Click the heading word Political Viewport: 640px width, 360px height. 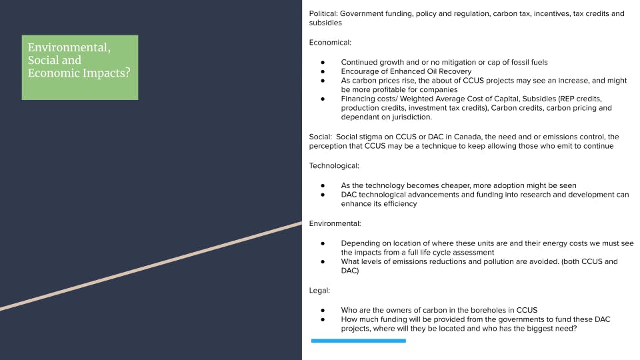(323, 13)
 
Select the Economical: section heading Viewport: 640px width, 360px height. (330, 42)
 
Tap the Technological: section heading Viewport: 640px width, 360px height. (334, 165)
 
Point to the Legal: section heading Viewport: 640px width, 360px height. (319, 290)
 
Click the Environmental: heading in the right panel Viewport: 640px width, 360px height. (335, 223)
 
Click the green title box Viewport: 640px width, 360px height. (80, 67)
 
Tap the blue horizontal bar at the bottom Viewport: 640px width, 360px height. (358, 341)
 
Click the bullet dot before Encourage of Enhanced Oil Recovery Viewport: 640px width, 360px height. (323, 71)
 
